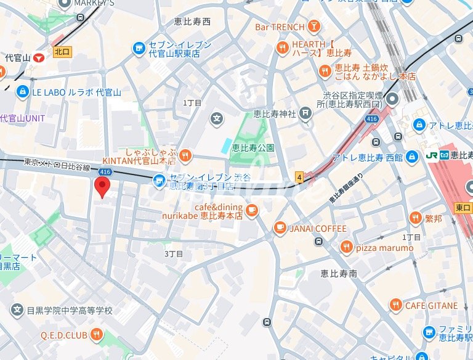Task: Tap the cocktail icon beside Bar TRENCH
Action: coord(315,27)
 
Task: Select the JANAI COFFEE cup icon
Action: coord(280,228)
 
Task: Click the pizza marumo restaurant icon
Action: coord(347,247)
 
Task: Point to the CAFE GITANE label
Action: coord(431,305)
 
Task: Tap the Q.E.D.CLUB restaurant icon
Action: coord(96,335)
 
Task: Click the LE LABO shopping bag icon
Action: coord(23,92)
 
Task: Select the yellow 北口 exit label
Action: coord(62,52)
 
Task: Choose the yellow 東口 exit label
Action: coord(463,208)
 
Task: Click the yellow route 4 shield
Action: coord(300,177)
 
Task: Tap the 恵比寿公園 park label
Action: coord(253,148)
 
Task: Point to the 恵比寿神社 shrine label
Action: coord(275,113)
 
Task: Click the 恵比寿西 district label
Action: coord(193,22)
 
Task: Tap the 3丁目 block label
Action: coord(174,253)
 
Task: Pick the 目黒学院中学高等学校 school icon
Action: coord(17,310)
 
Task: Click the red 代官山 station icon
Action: coord(40,57)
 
